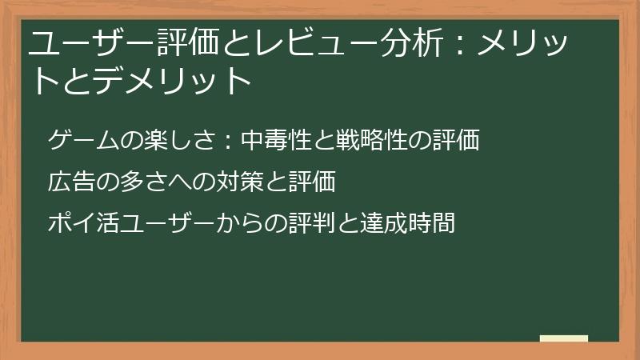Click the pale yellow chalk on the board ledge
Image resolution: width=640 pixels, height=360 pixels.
[564, 338]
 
